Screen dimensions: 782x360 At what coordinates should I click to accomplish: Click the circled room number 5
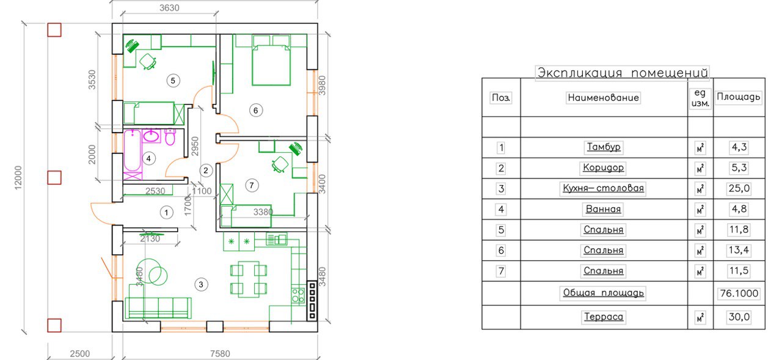click(x=173, y=81)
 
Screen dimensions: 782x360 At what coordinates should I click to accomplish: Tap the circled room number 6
click(x=256, y=111)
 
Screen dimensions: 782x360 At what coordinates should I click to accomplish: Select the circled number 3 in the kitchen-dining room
click(x=201, y=285)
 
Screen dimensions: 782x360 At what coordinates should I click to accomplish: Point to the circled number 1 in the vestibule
click(x=167, y=212)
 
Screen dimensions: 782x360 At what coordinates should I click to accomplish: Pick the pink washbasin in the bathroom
click(x=151, y=136)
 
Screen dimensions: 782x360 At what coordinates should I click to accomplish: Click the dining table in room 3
click(x=249, y=279)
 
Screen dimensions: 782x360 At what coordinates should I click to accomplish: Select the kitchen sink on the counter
click(x=277, y=239)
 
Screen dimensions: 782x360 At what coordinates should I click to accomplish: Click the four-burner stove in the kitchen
click(x=298, y=295)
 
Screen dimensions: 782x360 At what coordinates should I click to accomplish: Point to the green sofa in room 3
click(x=158, y=308)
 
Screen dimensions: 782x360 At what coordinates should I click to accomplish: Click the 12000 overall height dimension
click(x=18, y=178)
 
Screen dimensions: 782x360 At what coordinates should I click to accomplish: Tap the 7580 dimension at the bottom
click(x=220, y=354)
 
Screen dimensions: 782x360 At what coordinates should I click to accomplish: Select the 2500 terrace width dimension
click(x=80, y=354)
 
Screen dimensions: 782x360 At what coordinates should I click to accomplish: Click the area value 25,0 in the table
click(x=739, y=188)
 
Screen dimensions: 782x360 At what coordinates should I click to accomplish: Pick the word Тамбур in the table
click(x=604, y=147)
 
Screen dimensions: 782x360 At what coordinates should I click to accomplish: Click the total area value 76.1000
click(x=739, y=293)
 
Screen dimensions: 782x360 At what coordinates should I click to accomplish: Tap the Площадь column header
click(x=739, y=97)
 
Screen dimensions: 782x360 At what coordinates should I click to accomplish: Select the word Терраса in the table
click(x=604, y=317)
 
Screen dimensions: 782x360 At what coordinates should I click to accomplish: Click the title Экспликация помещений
click(x=623, y=73)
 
